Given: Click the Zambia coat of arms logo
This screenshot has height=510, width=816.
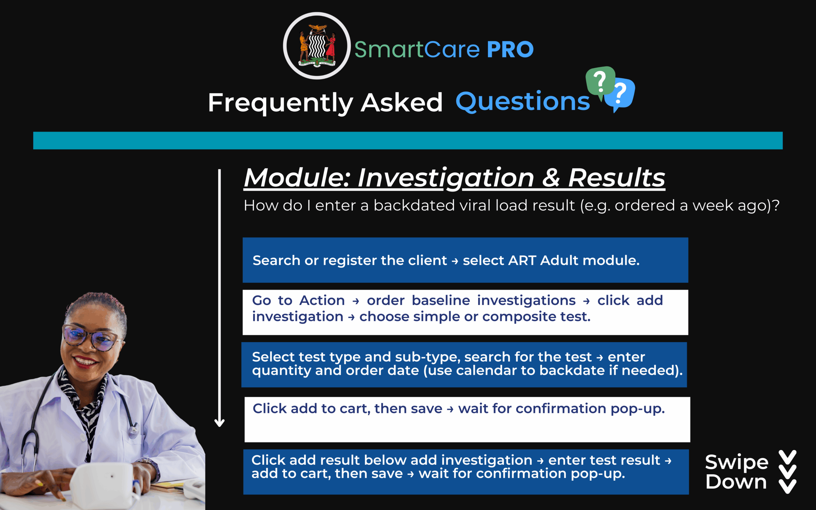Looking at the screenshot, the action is coord(317,46).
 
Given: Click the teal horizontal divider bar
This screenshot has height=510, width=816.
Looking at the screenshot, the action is coord(408,140).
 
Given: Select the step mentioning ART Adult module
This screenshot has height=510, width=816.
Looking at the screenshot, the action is coord(465,260).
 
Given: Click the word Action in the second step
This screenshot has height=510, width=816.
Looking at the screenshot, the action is coord(322,300).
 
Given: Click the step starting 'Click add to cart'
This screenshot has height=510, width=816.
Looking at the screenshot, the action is coord(467,419).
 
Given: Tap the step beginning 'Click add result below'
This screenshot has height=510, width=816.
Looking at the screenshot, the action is coord(466,471).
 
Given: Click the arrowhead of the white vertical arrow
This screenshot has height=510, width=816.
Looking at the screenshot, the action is coord(220,423).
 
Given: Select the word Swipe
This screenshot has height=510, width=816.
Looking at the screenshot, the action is coord(737,462).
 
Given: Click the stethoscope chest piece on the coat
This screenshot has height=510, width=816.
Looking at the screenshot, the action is coord(134,430).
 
